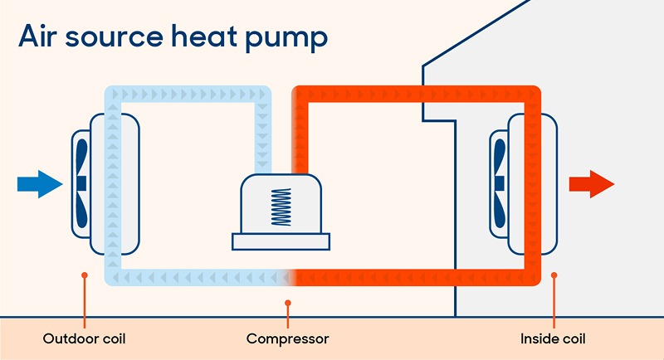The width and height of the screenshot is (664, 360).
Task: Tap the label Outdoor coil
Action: click(84, 338)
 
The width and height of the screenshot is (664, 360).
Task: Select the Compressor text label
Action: click(287, 338)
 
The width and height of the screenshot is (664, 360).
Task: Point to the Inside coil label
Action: click(553, 338)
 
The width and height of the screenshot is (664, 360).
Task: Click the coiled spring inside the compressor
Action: click(282, 206)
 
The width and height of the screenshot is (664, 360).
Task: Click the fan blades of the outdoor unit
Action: click(81, 182)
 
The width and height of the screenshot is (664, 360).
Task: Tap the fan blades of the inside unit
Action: click(500, 182)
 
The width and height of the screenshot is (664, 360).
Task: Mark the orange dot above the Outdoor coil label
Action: click(84, 275)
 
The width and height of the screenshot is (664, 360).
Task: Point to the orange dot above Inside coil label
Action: click(554, 275)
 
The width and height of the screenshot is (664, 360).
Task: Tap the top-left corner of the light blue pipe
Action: click(111, 91)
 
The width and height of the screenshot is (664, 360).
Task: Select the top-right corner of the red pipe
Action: click(532, 93)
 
